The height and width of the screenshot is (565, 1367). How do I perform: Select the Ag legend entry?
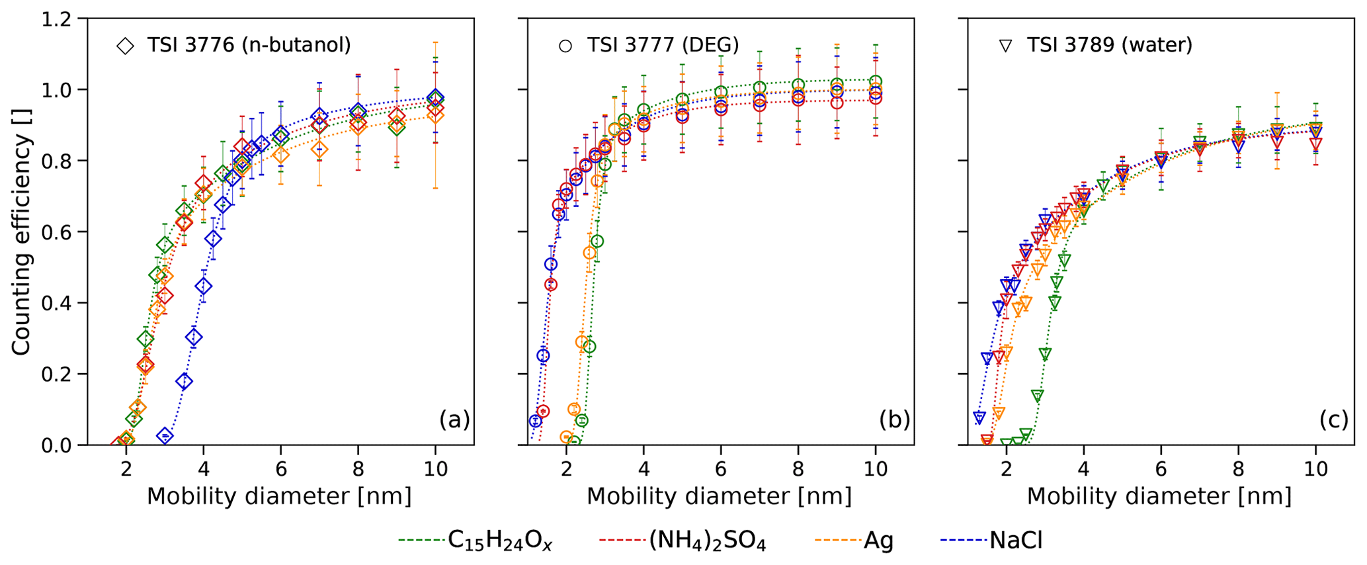pos(878,541)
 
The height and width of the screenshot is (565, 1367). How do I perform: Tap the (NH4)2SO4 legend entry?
pos(707,541)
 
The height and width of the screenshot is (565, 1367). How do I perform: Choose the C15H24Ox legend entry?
pos(500,541)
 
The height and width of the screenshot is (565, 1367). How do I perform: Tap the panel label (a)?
pos(454,419)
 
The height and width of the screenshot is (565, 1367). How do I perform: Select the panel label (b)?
pos(894,419)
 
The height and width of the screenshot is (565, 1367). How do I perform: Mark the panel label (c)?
pos(1334,419)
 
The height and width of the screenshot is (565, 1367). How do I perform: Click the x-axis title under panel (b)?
pos(719,496)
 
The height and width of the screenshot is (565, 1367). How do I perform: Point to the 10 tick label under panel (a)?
pos(435,469)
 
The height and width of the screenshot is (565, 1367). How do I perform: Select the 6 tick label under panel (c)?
pos(1161,469)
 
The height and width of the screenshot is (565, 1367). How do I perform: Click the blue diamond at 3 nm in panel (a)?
pos(165,435)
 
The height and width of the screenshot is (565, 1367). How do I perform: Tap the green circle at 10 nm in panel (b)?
pos(876,82)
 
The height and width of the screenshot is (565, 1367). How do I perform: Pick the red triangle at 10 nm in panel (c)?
pos(1316,144)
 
